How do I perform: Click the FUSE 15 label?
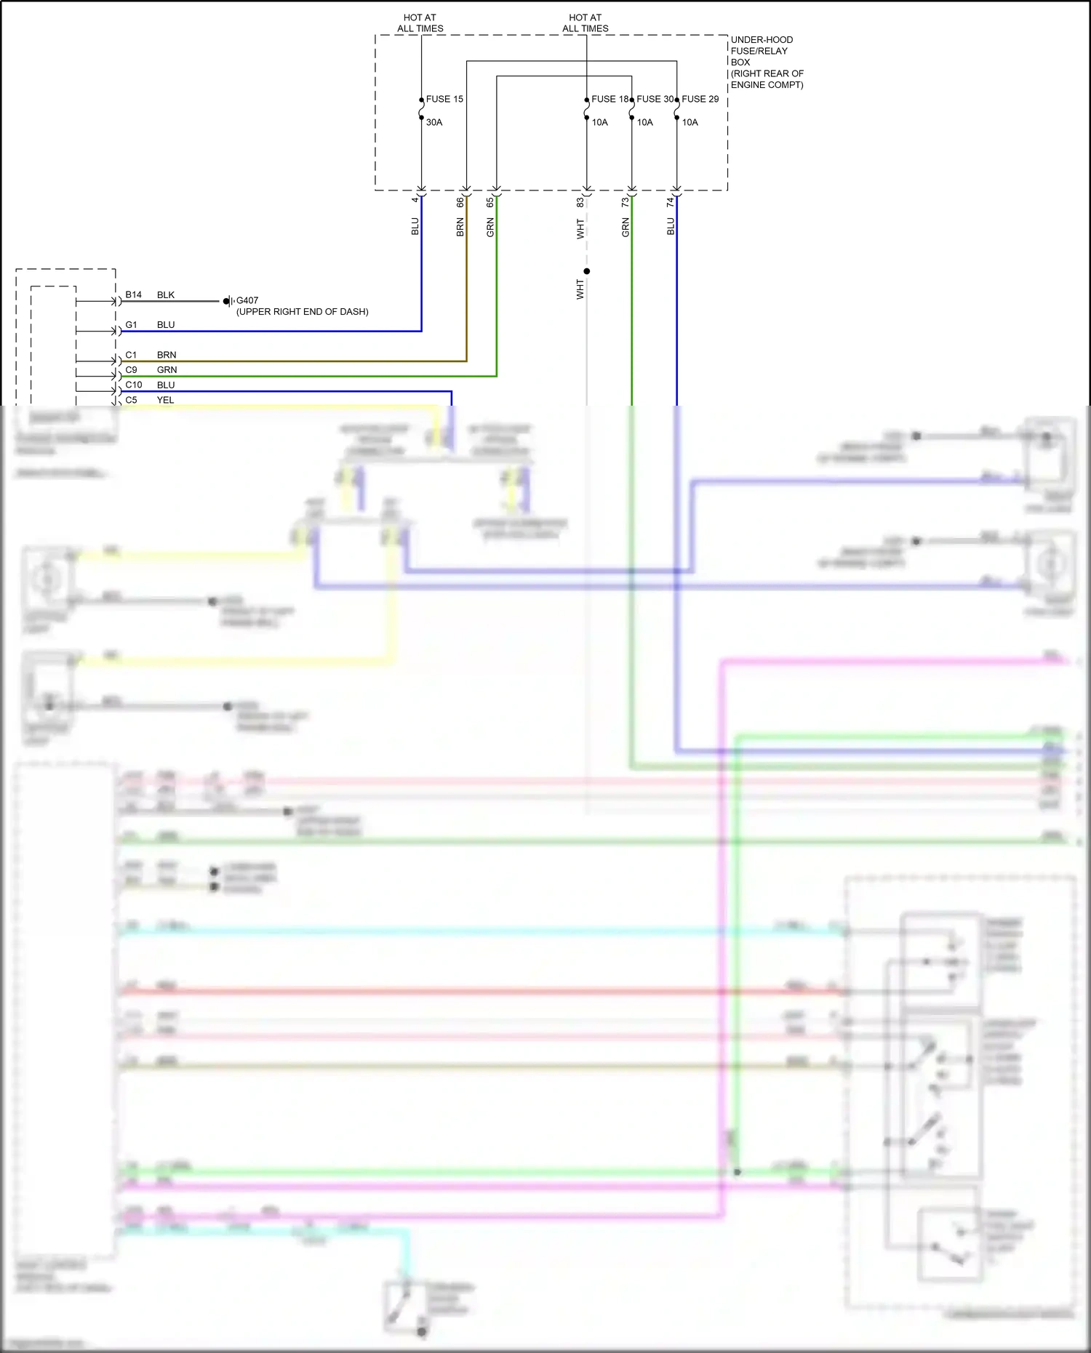point(444,99)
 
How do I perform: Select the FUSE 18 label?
point(610,99)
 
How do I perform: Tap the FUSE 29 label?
point(700,99)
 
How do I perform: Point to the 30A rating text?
point(434,122)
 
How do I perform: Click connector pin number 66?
point(460,202)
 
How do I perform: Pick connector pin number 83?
point(580,202)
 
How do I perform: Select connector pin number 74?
point(670,202)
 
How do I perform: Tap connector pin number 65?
point(489,202)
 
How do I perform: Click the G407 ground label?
point(247,300)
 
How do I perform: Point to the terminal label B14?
point(133,294)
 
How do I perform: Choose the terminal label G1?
point(131,324)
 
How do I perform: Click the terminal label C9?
point(131,369)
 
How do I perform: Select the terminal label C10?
point(133,385)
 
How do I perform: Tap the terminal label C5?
point(131,400)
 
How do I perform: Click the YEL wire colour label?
point(165,400)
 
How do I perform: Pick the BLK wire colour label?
point(165,294)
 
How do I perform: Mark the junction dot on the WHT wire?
point(586,271)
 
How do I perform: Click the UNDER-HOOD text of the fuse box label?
point(762,40)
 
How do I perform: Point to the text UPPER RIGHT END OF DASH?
point(302,312)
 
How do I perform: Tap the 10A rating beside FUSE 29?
point(690,122)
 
